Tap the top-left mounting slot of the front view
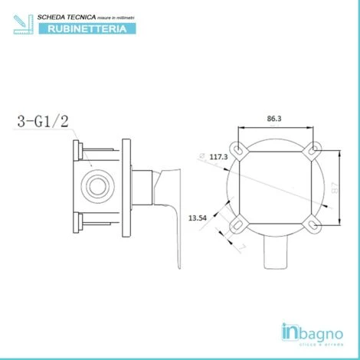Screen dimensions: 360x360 241,149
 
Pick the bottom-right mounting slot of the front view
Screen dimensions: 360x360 313,224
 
